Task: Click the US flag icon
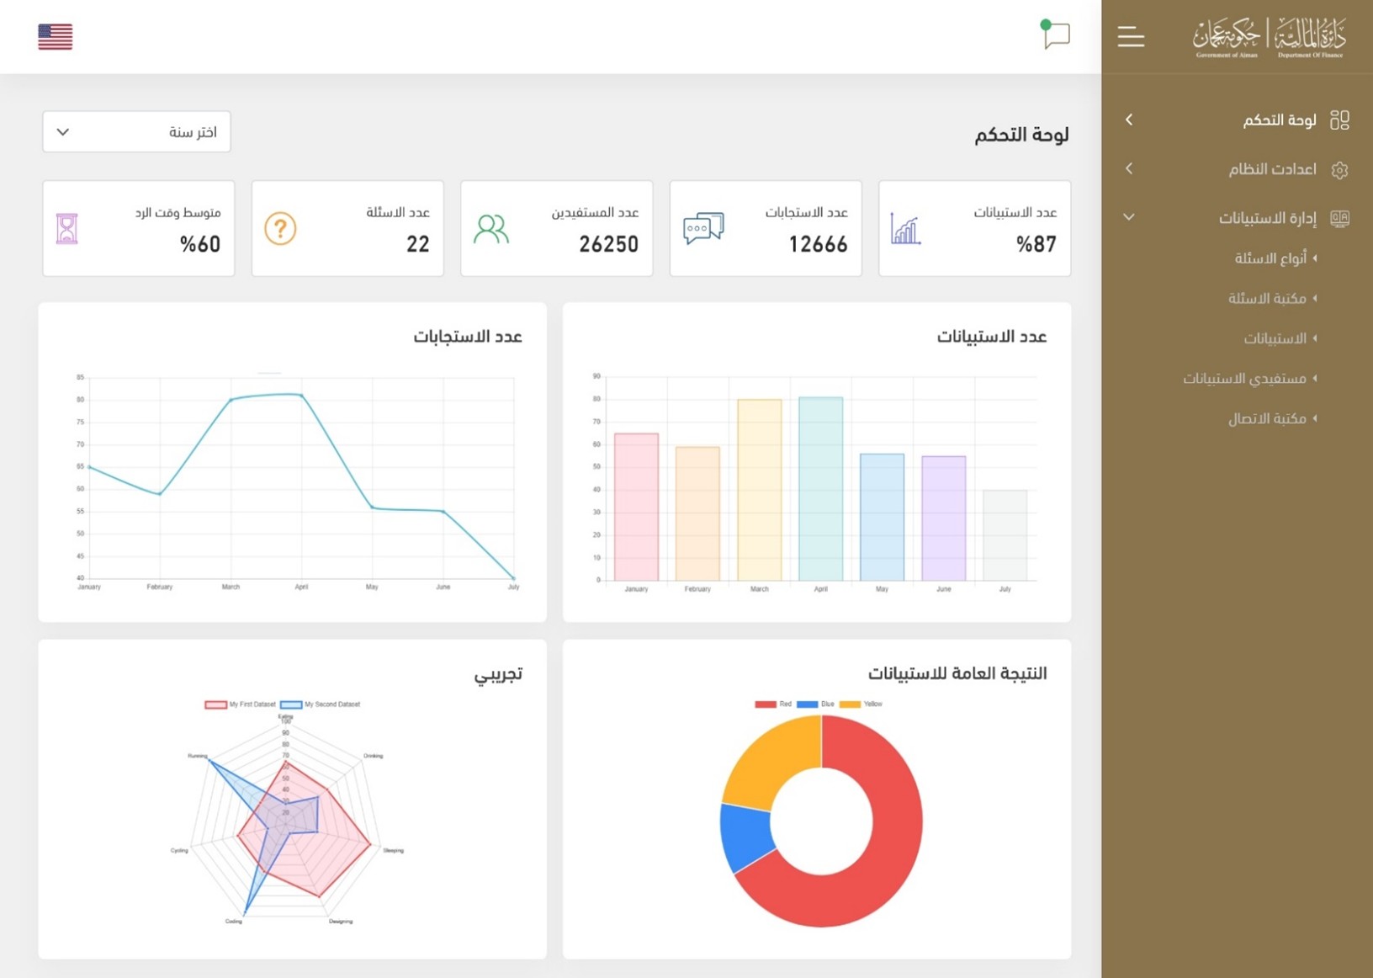point(55,36)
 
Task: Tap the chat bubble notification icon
point(1055,35)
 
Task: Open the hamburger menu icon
point(1131,36)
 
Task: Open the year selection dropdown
point(136,132)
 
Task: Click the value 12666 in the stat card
point(818,244)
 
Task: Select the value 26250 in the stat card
point(608,244)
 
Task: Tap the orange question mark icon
point(280,228)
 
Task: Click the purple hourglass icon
point(67,229)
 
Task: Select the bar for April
point(820,488)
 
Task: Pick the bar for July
point(1005,534)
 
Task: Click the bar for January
point(636,507)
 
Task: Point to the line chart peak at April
point(301,395)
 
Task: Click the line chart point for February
point(160,494)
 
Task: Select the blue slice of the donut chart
point(745,837)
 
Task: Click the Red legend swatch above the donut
point(765,704)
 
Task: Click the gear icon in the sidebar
point(1339,170)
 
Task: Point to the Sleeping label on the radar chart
point(393,851)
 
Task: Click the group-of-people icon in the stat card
point(490,229)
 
